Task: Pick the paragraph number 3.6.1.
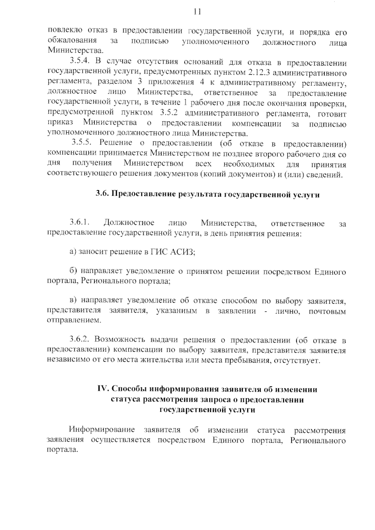(x=80, y=223)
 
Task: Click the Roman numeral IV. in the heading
(x=103, y=389)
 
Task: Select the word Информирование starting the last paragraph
(x=102, y=430)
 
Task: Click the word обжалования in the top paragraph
(x=72, y=41)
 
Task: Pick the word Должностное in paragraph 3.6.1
(x=129, y=223)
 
